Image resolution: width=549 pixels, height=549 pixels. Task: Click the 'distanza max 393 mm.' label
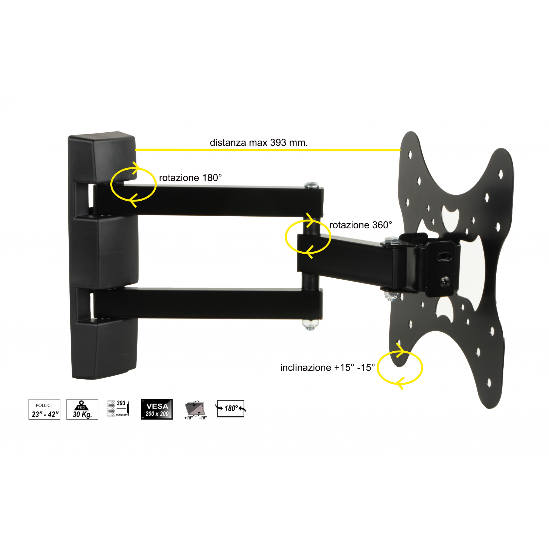[259, 142]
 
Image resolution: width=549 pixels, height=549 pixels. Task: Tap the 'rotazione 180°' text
[191, 178]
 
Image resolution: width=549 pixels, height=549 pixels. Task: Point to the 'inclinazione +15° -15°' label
[327, 368]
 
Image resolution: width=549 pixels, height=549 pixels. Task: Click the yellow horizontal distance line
[267, 150]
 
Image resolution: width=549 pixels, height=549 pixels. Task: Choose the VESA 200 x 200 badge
[157, 409]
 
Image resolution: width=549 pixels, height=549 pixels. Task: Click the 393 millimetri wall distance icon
[118, 409]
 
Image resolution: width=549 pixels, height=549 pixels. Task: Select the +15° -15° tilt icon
[195, 410]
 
